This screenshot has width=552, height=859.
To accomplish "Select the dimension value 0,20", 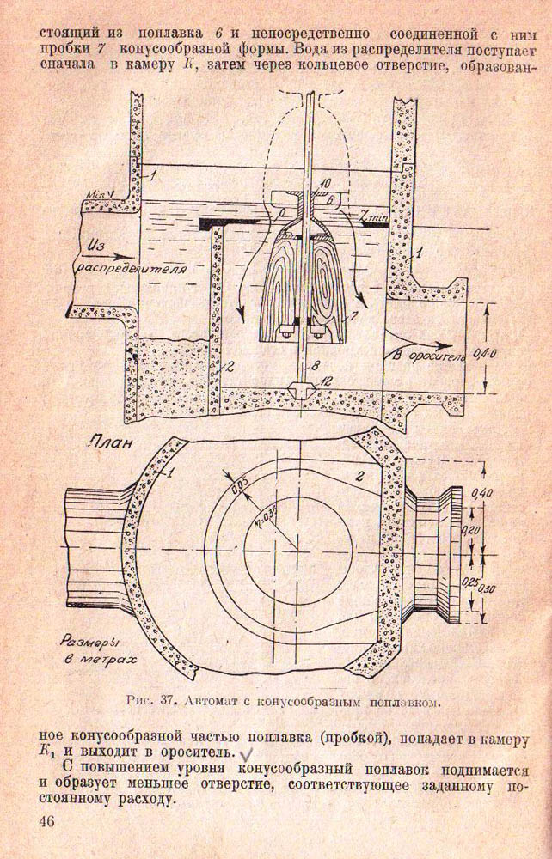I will click(x=471, y=531).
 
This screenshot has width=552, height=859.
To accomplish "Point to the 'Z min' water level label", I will click(x=375, y=221).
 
